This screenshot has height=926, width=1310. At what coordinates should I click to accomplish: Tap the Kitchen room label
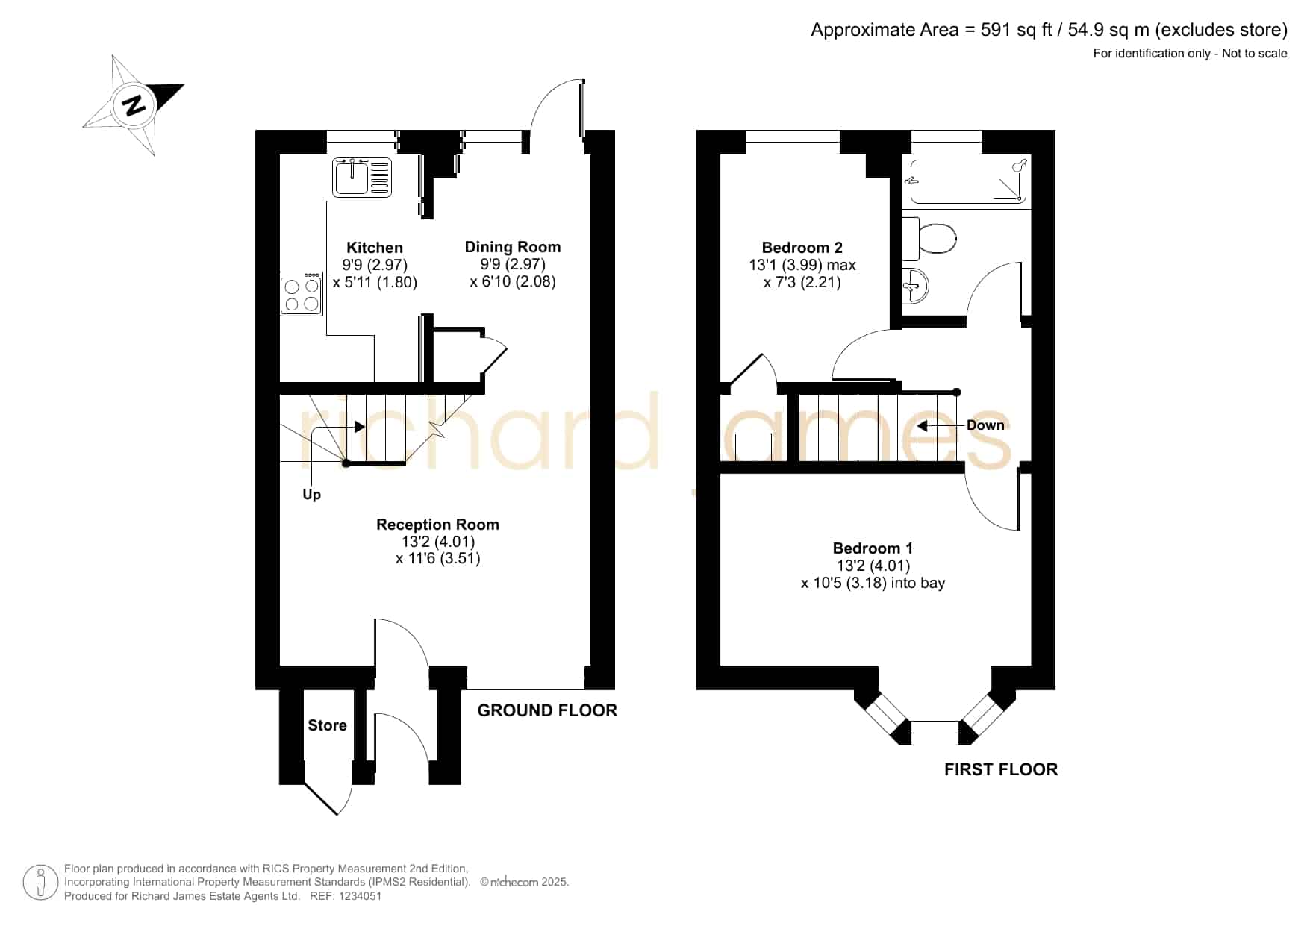[x=375, y=248]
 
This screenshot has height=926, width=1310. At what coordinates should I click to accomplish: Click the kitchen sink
[x=362, y=178]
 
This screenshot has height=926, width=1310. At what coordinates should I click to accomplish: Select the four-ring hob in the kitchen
[x=302, y=294]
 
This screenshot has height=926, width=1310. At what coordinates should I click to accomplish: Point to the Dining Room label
[x=513, y=247]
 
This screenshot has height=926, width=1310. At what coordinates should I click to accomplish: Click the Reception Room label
[x=437, y=525]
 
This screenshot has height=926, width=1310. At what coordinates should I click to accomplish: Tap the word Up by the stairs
[x=312, y=495]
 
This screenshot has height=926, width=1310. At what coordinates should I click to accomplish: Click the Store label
[x=328, y=725]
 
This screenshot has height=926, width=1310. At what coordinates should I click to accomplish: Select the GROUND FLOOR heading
[x=547, y=710]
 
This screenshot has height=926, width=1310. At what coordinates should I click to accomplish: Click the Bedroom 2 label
[x=802, y=248]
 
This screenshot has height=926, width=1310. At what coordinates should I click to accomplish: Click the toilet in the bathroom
[x=929, y=240]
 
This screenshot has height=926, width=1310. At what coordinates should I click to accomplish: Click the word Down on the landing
[x=985, y=425]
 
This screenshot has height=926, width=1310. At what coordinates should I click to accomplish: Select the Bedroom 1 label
[x=873, y=548]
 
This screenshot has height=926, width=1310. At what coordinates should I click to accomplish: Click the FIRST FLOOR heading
[x=1001, y=769]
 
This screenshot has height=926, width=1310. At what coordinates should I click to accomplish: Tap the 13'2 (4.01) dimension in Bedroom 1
[x=873, y=566]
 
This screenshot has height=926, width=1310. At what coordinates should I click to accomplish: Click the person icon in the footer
[x=40, y=883]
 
